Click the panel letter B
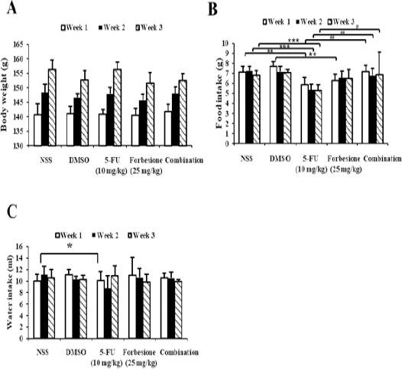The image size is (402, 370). click(x=213, y=10)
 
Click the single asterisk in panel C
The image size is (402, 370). click(x=69, y=246)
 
